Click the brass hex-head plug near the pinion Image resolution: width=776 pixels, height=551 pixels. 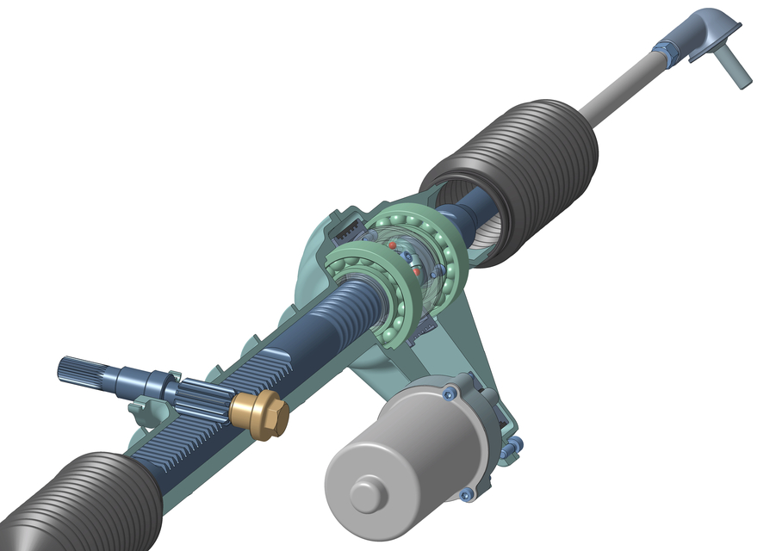click(258, 415)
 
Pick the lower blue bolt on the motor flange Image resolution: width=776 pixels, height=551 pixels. click(466, 494)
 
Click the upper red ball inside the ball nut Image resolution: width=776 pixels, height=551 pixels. click(393, 245)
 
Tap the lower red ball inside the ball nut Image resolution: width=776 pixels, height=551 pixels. click(418, 271)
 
